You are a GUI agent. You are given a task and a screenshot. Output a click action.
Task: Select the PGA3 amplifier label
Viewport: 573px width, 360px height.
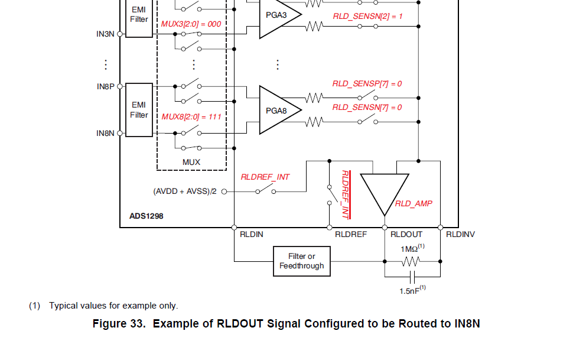[x=275, y=15]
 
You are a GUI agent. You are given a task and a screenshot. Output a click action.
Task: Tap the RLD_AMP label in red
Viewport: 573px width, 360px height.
[x=414, y=203]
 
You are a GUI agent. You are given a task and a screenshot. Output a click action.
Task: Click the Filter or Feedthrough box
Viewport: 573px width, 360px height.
[x=301, y=261]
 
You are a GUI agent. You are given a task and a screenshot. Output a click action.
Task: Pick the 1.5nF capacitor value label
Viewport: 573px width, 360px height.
[x=412, y=291]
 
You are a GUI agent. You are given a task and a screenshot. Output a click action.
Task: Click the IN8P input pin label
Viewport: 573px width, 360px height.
[x=105, y=86]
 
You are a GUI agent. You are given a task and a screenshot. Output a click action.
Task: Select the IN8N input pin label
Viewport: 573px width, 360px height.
[x=105, y=134]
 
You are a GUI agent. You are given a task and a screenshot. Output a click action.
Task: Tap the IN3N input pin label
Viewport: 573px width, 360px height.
[x=105, y=34]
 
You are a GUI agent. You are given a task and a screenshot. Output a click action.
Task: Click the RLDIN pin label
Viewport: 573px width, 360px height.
[x=252, y=235]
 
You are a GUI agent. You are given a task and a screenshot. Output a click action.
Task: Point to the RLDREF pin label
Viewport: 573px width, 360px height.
[x=351, y=235]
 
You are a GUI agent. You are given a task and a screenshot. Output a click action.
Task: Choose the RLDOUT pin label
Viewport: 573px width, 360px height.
[x=406, y=235]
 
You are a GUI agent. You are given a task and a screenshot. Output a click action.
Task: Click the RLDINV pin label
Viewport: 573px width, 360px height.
[x=460, y=235]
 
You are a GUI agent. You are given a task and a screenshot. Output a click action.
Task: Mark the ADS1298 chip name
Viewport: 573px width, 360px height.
[x=146, y=216]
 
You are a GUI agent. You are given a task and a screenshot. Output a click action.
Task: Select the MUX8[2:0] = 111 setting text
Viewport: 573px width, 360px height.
[x=191, y=116]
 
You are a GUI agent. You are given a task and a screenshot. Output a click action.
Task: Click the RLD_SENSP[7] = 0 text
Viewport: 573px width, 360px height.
[x=367, y=84]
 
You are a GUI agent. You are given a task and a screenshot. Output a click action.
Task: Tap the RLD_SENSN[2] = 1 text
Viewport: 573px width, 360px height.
[x=367, y=17]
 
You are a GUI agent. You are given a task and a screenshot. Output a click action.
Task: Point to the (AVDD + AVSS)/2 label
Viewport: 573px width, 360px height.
[x=185, y=192]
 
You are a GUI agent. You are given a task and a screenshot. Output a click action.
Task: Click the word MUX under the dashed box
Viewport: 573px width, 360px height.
[x=191, y=162]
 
